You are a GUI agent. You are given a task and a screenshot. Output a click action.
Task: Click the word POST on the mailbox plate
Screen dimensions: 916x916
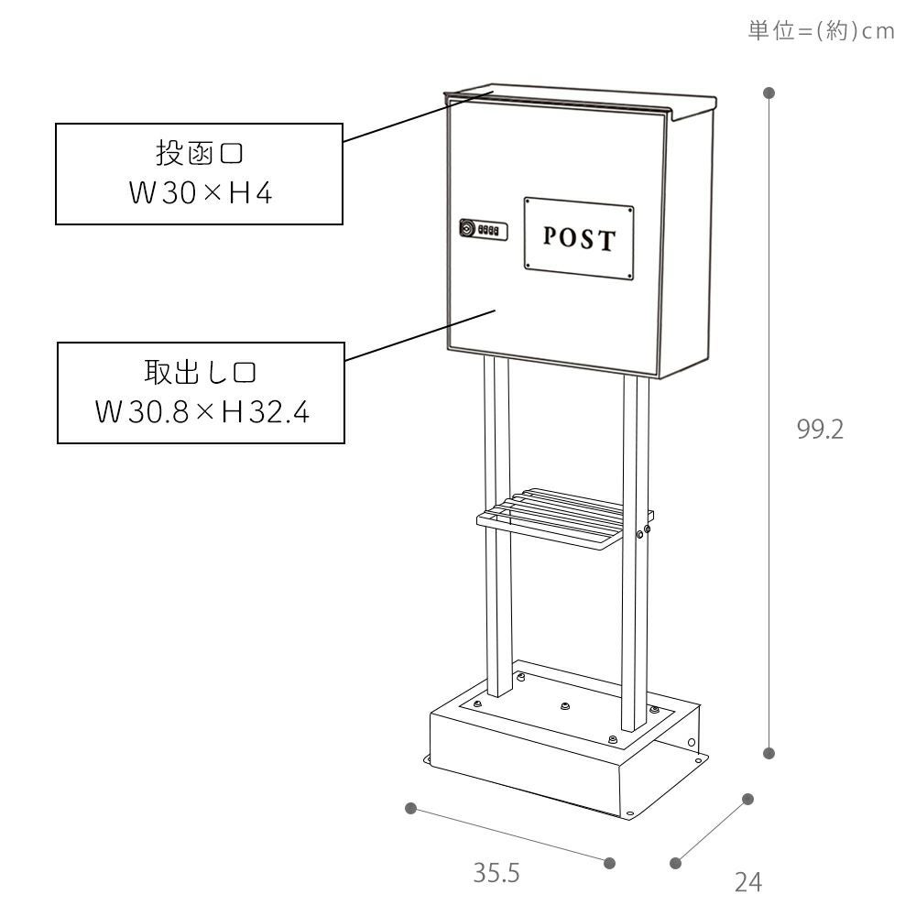pos(579,238)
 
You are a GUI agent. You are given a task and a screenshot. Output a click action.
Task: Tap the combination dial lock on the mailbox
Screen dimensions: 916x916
pos(483,230)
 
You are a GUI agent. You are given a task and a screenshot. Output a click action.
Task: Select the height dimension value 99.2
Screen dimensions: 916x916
pos(820,430)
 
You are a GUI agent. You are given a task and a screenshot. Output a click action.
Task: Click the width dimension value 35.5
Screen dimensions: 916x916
pos(496,873)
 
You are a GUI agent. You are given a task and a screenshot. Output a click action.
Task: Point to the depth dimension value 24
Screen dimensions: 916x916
pos(748,882)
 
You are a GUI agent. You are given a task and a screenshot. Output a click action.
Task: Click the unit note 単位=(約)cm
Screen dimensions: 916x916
pos(821,30)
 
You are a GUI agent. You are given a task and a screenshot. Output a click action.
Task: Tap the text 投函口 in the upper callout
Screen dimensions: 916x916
pos(199,153)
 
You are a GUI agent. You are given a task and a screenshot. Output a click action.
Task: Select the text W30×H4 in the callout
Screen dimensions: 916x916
pos(201,192)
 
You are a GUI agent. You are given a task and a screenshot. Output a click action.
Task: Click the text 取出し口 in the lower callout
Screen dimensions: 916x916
pos(201,372)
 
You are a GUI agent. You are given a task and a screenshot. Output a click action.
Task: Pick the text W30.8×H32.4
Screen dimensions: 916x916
pos(202,412)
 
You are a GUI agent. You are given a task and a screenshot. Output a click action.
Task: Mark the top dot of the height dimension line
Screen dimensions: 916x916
pos(769,93)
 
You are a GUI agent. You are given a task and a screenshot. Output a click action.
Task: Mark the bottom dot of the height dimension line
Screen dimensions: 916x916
pos(769,753)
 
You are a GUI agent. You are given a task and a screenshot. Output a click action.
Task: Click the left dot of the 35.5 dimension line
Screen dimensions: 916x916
pos(410,808)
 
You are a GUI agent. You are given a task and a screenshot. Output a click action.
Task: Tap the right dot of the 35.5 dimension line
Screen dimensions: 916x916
pos(609,863)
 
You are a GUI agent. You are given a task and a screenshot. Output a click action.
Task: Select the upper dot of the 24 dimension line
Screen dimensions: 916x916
pos(747,799)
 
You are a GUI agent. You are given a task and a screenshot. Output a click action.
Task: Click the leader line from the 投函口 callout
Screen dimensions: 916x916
pos(419,116)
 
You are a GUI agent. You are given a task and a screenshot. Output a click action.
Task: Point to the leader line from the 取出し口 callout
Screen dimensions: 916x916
pos(420,334)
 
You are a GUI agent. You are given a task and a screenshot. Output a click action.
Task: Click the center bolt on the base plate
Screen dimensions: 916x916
pos(564,706)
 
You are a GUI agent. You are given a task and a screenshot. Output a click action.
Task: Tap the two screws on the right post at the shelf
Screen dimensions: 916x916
pos(643,531)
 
